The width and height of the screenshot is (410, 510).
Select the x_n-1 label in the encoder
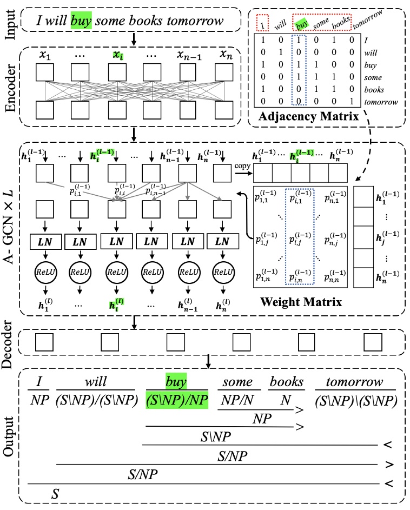[x=188, y=55]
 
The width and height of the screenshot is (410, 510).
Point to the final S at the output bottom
[x=55, y=493]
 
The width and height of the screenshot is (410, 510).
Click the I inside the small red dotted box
[x=262, y=24]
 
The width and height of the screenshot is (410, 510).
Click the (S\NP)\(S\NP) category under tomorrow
[x=353, y=400]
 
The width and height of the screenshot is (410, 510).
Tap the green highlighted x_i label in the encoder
[x=117, y=55]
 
